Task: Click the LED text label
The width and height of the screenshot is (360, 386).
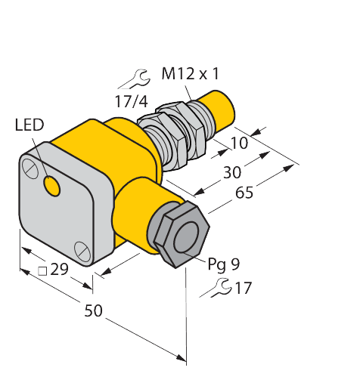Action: coord(29,124)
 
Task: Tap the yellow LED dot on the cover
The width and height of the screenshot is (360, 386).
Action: coord(52,184)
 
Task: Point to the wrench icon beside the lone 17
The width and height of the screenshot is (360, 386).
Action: coord(216,287)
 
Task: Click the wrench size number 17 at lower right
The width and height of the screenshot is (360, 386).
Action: coord(242,288)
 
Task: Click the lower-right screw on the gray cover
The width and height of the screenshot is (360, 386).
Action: coord(82,249)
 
